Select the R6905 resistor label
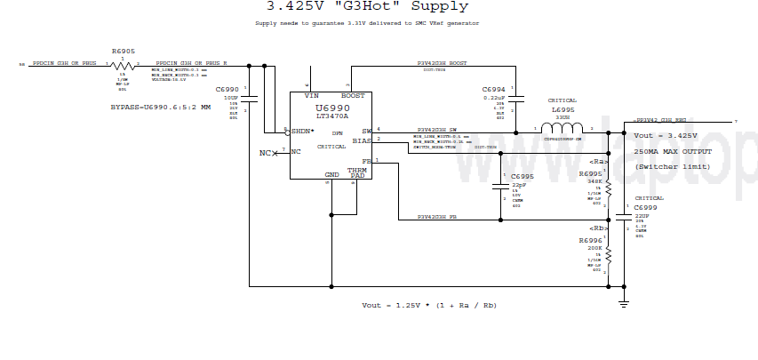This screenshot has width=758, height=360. tap(124, 52)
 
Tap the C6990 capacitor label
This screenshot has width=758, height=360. tap(228, 91)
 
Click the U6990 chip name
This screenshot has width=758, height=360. tap(331, 108)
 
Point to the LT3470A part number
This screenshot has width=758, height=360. tap(332, 116)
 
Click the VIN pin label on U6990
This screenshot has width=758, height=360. tap(311, 96)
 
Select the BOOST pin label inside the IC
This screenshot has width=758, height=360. tap(353, 96)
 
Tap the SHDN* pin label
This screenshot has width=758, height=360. tap(303, 131)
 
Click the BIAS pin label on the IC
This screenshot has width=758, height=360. tap(361, 140)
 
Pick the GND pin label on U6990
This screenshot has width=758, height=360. tap(331, 175)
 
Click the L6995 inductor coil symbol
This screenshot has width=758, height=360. tap(563, 129)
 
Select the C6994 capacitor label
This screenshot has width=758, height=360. tap(494, 91)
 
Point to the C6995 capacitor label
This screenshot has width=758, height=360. tap(523, 177)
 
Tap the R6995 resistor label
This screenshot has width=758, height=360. tap(590, 173)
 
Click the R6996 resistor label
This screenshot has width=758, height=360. tap(590, 241)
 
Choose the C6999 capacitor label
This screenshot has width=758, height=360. tap(647, 206)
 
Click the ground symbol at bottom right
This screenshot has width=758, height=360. tap(623, 304)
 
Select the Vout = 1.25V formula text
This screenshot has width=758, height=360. tap(428, 305)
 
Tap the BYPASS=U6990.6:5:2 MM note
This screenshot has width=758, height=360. tap(160, 107)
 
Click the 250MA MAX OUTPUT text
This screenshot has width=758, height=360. tap(673, 152)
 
